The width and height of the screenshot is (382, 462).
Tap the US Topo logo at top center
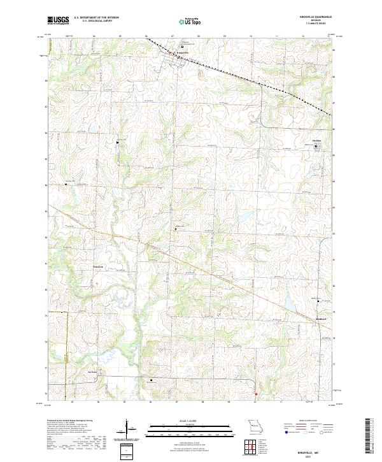pyautogui.click(x=190, y=22)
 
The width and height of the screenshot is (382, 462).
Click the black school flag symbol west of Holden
pyautogui.click(x=118, y=143)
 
